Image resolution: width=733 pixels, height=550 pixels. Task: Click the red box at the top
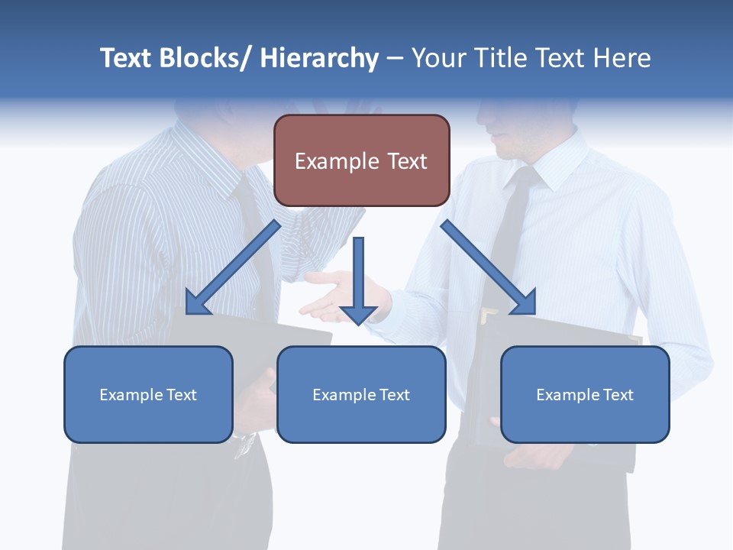[361, 160]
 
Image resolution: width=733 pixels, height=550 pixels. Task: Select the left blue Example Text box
[148, 394]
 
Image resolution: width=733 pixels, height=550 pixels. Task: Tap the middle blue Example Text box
[361, 394]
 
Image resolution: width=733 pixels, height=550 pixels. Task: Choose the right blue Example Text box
[585, 394]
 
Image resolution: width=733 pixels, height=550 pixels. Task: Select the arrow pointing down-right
[489, 267]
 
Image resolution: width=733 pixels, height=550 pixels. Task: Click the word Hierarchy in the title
[319, 58]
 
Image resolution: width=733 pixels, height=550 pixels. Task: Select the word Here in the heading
[622, 58]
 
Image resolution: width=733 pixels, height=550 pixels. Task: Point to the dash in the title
[395, 59]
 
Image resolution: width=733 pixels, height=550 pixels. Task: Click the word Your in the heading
[437, 58]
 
